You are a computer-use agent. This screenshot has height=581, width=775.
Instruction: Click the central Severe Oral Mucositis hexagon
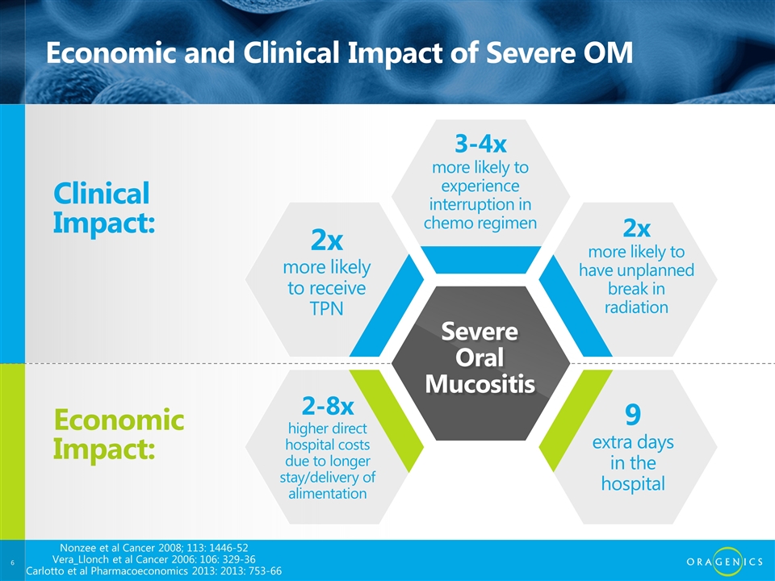click(480, 363)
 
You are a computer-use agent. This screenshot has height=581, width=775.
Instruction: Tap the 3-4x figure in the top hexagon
click(480, 144)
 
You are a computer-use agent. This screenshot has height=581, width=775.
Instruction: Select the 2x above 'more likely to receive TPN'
click(327, 240)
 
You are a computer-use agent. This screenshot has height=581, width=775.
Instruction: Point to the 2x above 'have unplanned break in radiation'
click(636, 228)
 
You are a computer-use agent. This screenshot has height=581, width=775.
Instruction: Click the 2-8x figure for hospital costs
click(328, 406)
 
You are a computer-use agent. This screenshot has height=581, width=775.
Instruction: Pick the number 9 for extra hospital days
click(633, 415)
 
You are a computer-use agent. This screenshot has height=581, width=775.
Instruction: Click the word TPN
click(327, 309)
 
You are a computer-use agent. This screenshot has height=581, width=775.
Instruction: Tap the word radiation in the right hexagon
click(636, 307)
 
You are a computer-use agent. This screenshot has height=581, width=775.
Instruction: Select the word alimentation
click(328, 493)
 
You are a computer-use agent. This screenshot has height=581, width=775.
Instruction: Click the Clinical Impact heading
click(104, 207)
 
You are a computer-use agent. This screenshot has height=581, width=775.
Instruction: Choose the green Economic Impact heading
click(119, 434)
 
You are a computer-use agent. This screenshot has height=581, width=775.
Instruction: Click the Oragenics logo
click(725, 562)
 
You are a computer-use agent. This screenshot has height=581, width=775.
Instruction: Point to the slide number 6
click(12, 562)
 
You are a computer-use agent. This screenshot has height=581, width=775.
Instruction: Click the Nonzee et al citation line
click(153, 547)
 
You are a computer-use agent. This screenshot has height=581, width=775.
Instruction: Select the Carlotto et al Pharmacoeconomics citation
click(153, 571)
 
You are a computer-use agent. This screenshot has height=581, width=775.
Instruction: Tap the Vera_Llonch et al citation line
click(153, 559)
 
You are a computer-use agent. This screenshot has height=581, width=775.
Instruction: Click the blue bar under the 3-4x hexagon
click(480, 259)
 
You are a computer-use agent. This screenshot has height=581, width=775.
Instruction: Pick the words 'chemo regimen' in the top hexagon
click(480, 223)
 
